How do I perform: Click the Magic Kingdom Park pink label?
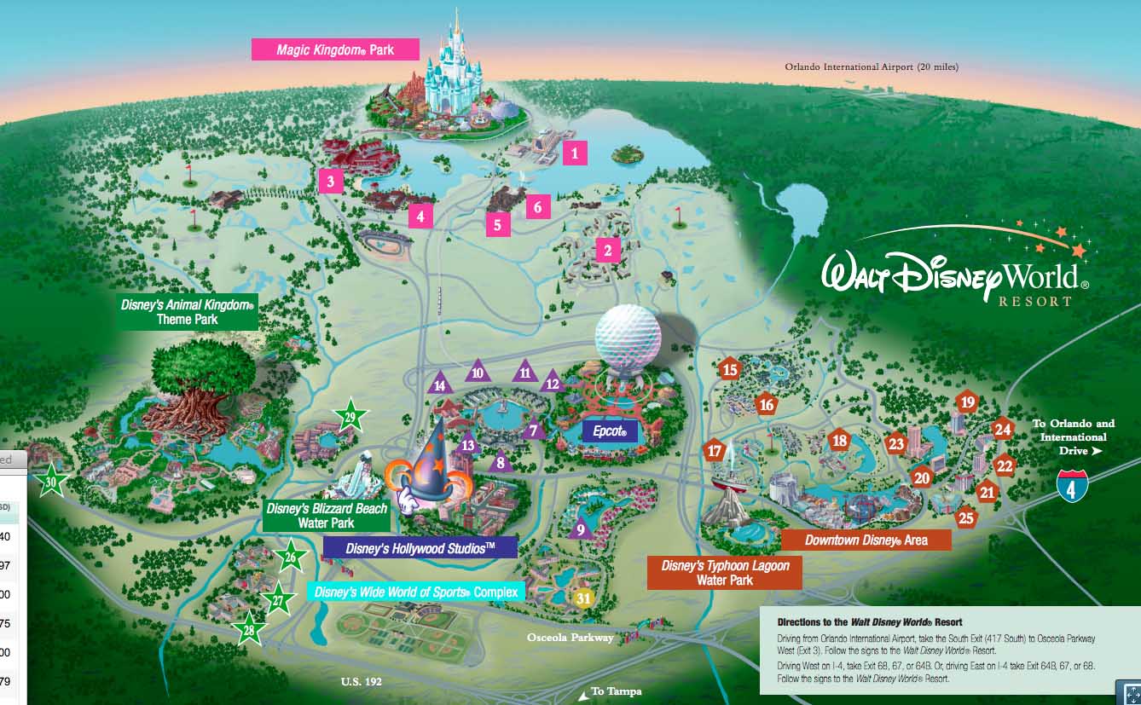[335, 49]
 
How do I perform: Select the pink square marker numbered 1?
[575, 153]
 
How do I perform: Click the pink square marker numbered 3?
[330, 181]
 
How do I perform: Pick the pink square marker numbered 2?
[607, 251]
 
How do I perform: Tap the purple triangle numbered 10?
[477, 372]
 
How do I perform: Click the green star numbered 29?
[350, 416]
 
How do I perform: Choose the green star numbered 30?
[52, 482]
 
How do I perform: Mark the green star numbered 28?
[249, 630]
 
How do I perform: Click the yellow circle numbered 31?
[583, 598]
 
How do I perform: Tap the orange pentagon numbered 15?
[729, 370]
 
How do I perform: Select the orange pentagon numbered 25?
[965, 517]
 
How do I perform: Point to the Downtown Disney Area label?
[866, 540]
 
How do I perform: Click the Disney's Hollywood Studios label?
[420, 547]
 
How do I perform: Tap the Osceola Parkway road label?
[570, 638]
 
